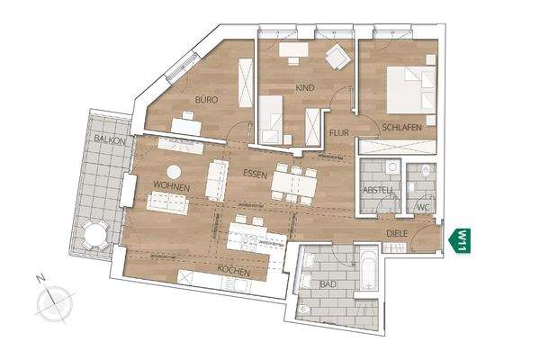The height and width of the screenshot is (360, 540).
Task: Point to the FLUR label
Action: pyautogui.click(x=338, y=133)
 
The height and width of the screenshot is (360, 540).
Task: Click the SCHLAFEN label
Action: pyautogui.click(x=401, y=129)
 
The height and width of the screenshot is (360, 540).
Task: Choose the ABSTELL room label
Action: pyautogui.click(x=376, y=190)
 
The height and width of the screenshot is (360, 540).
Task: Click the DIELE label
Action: pyautogui.click(x=398, y=233)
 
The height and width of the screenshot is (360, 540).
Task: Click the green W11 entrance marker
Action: pyautogui.click(x=460, y=240)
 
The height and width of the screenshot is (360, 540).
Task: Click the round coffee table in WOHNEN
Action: pyautogui.click(x=174, y=171)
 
